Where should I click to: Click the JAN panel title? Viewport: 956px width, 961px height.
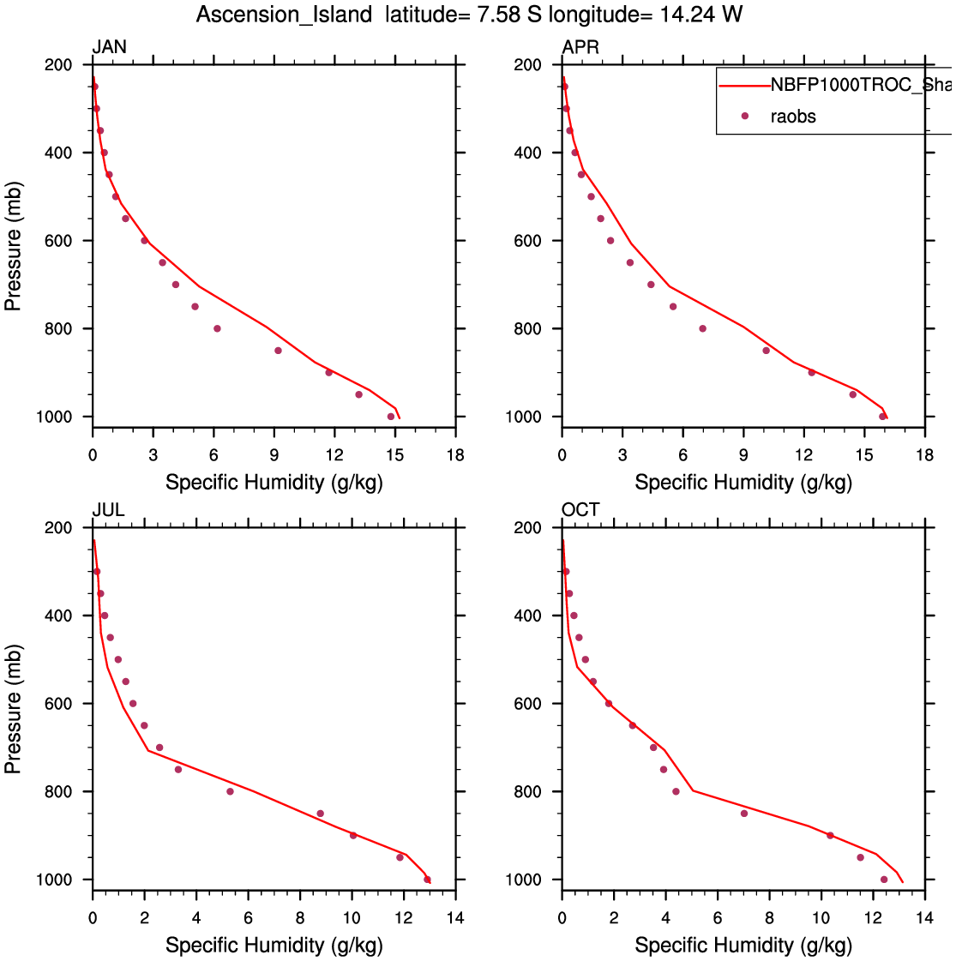(x=109, y=47)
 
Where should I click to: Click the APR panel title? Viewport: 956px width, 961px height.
(x=580, y=47)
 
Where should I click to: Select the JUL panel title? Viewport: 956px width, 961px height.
(x=108, y=510)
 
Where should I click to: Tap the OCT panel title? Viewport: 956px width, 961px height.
(x=580, y=510)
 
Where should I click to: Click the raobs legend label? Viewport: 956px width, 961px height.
(x=793, y=117)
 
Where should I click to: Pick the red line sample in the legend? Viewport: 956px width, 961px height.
(x=744, y=85)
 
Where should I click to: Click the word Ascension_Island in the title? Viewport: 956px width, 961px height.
(x=284, y=15)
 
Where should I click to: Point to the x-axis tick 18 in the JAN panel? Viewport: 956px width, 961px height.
(x=455, y=455)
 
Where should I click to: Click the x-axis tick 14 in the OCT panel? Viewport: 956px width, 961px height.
(x=924, y=918)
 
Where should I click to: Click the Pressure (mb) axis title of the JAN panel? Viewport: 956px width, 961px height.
(x=13, y=246)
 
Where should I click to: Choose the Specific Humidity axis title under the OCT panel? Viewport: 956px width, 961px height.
(x=743, y=946)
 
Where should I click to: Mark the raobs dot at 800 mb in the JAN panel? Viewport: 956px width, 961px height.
(x=217, y=328)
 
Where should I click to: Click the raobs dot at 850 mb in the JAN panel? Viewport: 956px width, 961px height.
(x=278, y=351)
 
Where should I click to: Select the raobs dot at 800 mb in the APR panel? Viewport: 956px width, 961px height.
(x=702, y=328)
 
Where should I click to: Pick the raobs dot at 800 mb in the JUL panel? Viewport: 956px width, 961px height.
(x=230, y=791)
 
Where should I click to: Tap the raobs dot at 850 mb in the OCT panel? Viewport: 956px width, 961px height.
(x=743, y=814)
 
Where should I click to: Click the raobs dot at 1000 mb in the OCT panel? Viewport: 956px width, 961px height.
(x=884, y=880)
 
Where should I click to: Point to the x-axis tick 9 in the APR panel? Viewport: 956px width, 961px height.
(x=743, y=455)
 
